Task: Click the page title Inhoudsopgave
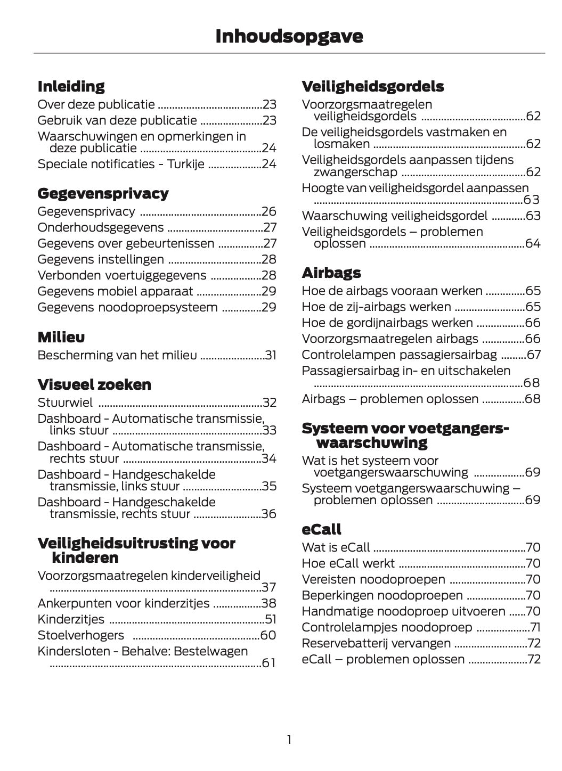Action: pos(289,36)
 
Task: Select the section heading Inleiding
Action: pos(71,86)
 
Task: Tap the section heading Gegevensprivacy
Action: pos(103,193)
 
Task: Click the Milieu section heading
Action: pos(61,337)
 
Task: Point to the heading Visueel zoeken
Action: pos(94,384)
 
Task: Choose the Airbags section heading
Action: pos(331,273)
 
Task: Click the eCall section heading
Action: pos(321,529)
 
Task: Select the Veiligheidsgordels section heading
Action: pos(372,86)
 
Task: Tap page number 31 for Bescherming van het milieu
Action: pos(271,356)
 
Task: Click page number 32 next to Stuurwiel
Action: pos(270,403)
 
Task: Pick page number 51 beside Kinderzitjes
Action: pos(270,619)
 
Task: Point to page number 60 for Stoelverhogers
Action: pos(268,635)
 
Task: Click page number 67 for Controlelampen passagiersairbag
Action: pos(533,355)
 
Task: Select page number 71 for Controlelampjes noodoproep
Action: pos(535,628)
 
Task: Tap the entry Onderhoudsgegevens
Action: pos(101,228)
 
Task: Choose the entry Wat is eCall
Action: pos(336,547)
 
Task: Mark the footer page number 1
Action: pos(289,740)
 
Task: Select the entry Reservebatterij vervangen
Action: pos(376,643)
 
